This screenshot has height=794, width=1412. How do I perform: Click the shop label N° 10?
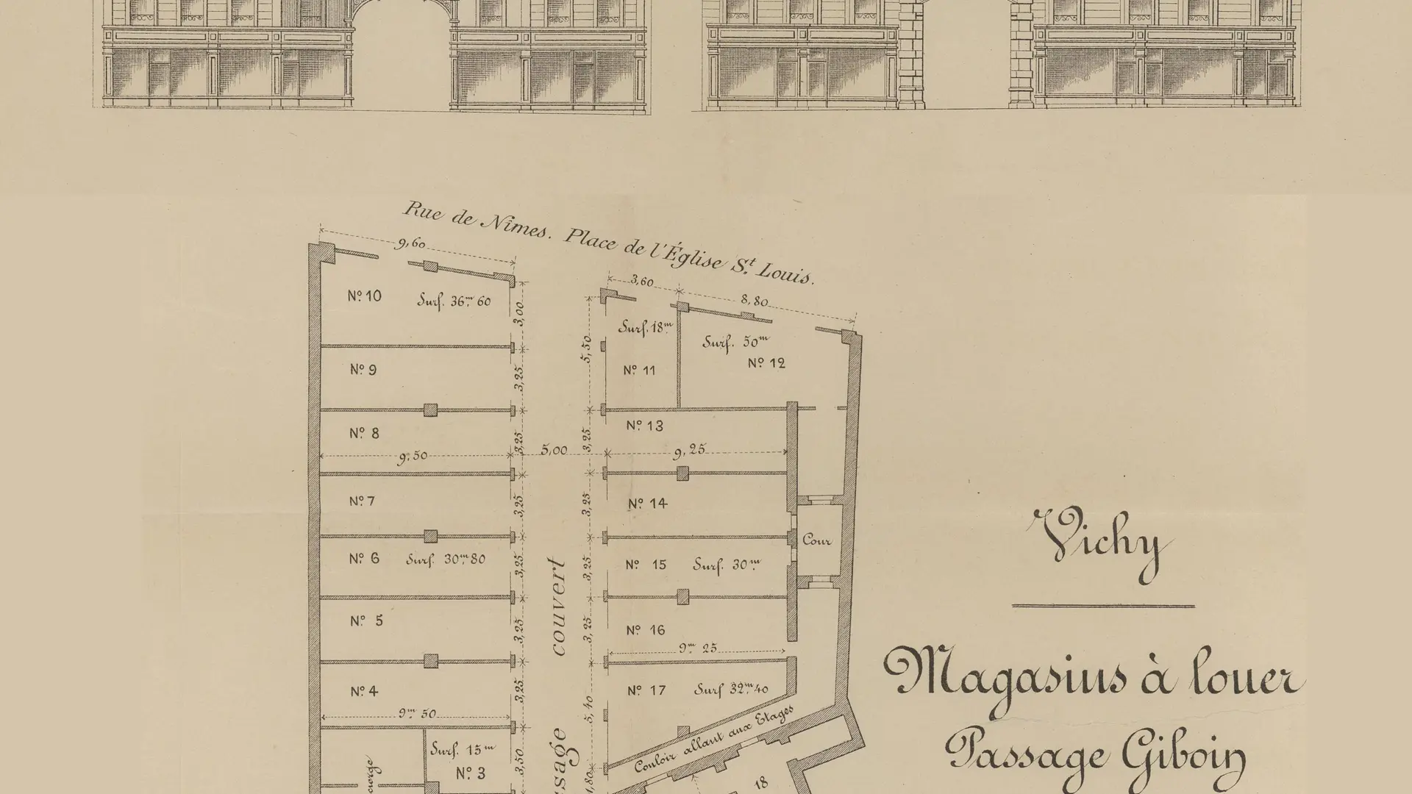point(364,296)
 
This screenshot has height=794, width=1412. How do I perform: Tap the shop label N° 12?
point(766,363)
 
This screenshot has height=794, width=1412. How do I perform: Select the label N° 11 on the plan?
point(639,370)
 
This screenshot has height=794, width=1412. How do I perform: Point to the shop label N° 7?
point(362,501)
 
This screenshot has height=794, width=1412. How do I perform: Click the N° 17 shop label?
point(646,690)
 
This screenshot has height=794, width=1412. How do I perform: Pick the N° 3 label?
point(471,773)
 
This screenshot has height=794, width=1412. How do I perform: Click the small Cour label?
point(816,540)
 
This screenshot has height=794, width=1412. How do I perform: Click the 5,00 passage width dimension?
point(554,451)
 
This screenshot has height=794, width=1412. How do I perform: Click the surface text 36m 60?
point(454,300)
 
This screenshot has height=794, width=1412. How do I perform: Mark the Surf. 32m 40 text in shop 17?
point(732,690)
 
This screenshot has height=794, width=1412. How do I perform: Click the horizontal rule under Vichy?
point(1103,606)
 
